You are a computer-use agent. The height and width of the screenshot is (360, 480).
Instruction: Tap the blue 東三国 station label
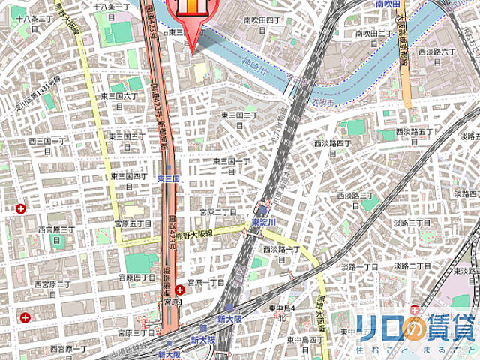point(169,179)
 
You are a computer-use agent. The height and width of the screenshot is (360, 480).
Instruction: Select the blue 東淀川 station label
point(265,223)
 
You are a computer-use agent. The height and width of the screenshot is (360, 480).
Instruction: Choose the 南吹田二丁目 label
point(374,34)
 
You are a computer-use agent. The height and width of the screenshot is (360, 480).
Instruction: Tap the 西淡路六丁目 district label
point(437,52)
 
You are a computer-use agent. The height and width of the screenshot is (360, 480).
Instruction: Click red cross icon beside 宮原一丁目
point(180,290)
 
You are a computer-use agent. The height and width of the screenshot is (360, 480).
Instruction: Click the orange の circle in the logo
point(412,327)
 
